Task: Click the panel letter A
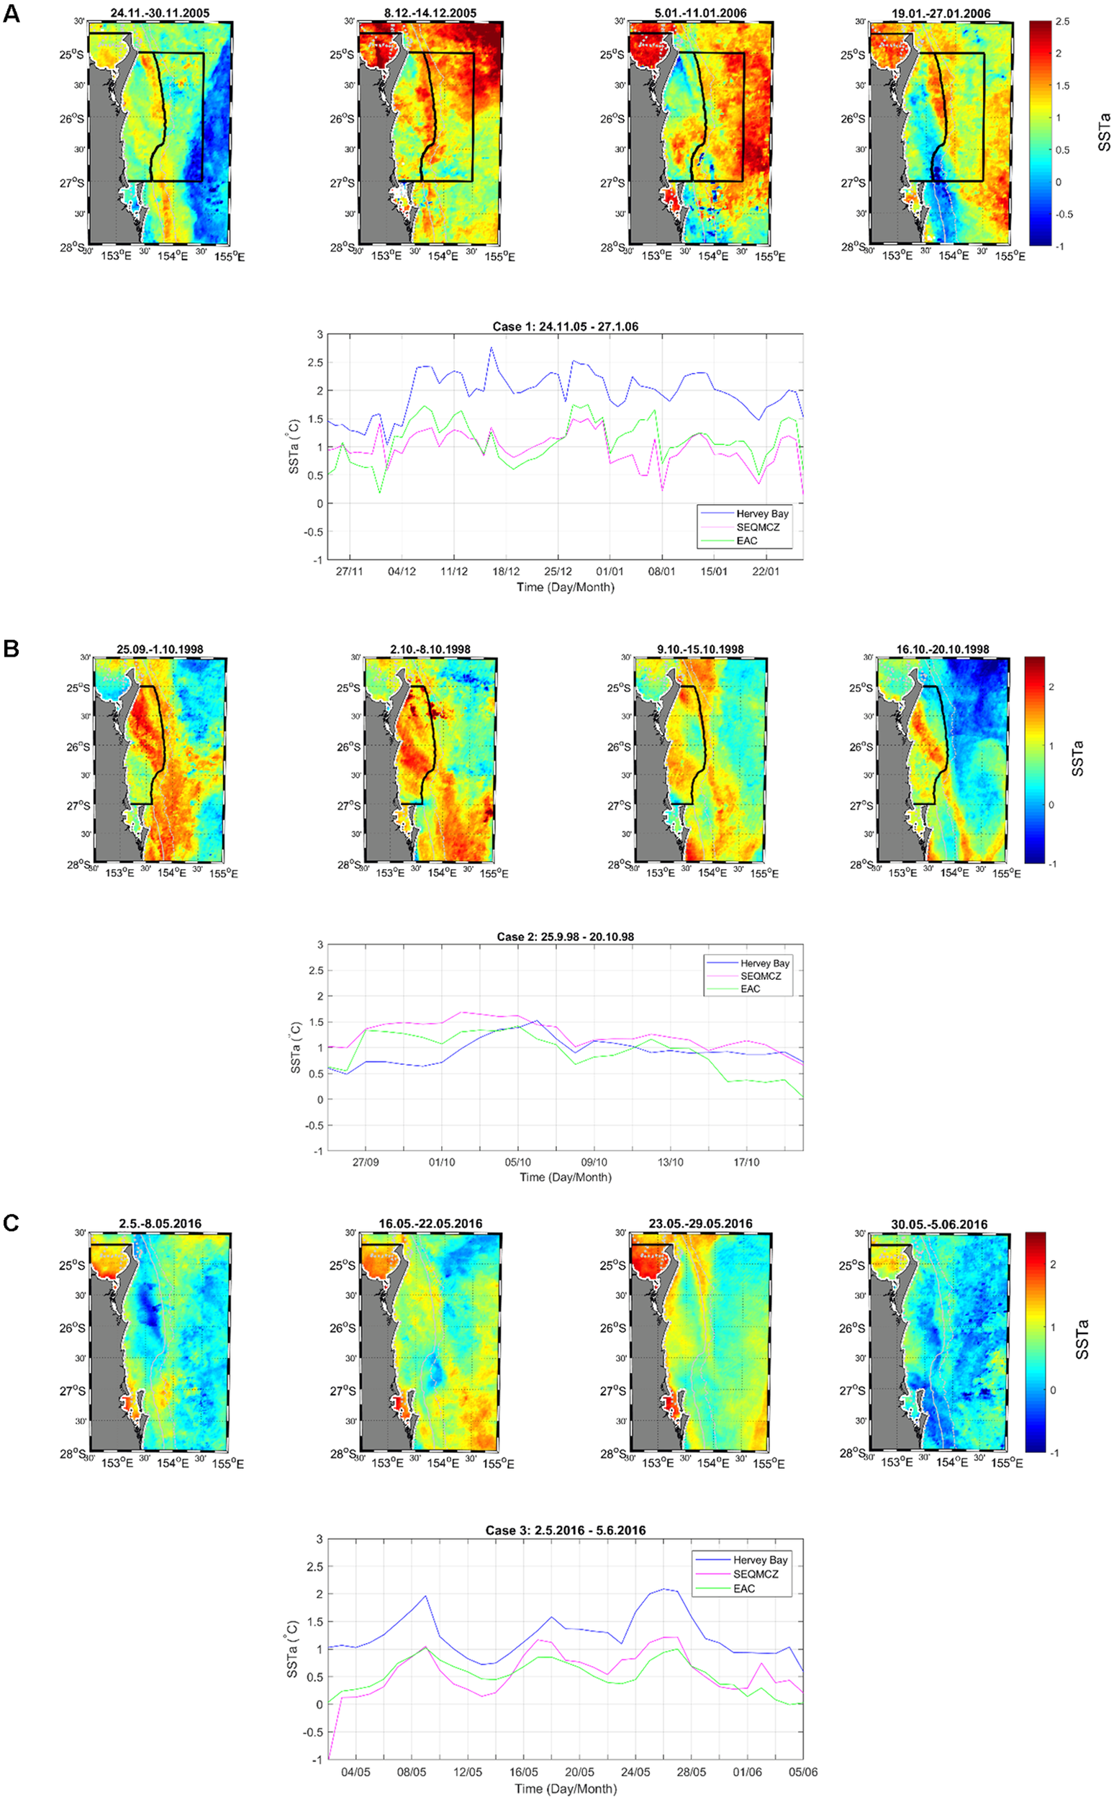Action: click(11, 13)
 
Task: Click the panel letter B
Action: click(11, 648)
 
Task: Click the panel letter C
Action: click(11, 1223)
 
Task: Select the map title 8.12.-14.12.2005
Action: click(430, 13)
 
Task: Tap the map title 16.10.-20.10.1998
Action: click(942, 649)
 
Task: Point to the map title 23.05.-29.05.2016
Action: click(700, 1223)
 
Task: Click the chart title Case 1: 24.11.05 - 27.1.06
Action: click(565, 327)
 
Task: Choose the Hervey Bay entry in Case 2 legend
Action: click(764, 963)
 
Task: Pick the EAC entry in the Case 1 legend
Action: click(746, 540)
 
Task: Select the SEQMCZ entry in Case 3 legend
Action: click(755, 1574)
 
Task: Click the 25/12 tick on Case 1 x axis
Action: click(558, 571)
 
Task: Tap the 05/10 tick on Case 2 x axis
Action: click(518, 1161)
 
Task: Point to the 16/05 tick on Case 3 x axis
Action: click(524, 1771)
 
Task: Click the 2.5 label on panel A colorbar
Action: click(1061, 22)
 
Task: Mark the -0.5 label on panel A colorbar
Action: click(1063, 215)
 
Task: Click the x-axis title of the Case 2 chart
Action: click(565, 1177)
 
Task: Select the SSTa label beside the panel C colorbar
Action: click(1082, 1339)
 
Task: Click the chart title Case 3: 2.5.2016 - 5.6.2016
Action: click(565, 1530)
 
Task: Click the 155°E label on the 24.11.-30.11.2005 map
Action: click(230, 256)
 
